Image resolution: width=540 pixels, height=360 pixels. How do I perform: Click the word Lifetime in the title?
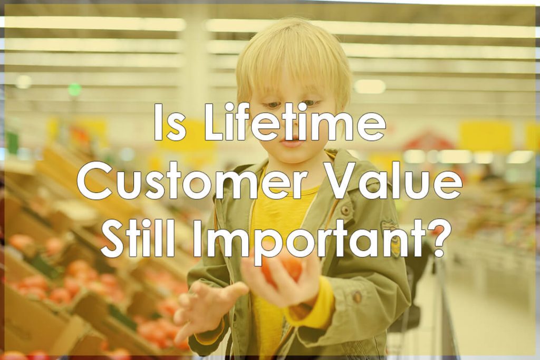[x=295, y=122]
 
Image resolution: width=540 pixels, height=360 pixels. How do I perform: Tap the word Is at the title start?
[x=170, y=122]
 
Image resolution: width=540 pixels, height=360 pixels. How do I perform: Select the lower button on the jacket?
[x=357, y=296]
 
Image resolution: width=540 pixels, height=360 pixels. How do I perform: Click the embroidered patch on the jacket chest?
[x=391, y=238]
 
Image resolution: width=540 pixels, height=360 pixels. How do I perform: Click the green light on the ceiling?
[x=74, y=90]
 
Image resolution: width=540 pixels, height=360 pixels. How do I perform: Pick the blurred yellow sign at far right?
[x=486, y=136]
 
